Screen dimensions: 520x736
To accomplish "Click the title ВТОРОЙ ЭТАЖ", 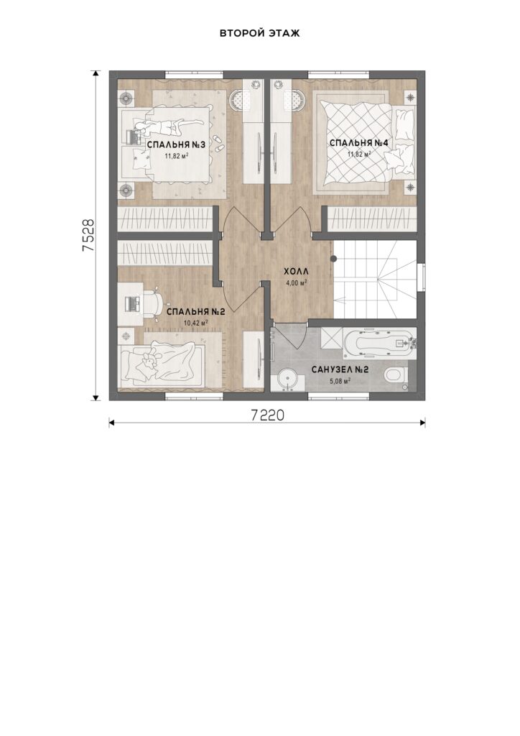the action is tap(259, 33).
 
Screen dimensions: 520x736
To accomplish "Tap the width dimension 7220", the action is tap(267, 415).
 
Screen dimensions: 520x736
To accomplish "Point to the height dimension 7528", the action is tap(88, 236).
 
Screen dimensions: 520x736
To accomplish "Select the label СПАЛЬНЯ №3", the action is tap(176, 144).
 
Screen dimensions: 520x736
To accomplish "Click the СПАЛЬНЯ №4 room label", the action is tap(359, 143).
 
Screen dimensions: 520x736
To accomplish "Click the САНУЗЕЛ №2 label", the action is tap(340, 370).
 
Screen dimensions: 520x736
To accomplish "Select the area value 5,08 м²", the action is tap(340, 381).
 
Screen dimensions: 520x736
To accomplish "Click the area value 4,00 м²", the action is tap(297, 282).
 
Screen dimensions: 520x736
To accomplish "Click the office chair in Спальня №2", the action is tap(152, 303).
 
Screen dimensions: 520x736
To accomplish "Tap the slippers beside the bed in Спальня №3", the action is tap(218, 143).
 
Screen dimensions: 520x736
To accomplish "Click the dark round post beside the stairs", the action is tap(334, 259).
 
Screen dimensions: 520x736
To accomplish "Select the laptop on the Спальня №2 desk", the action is tap(133, 303).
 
